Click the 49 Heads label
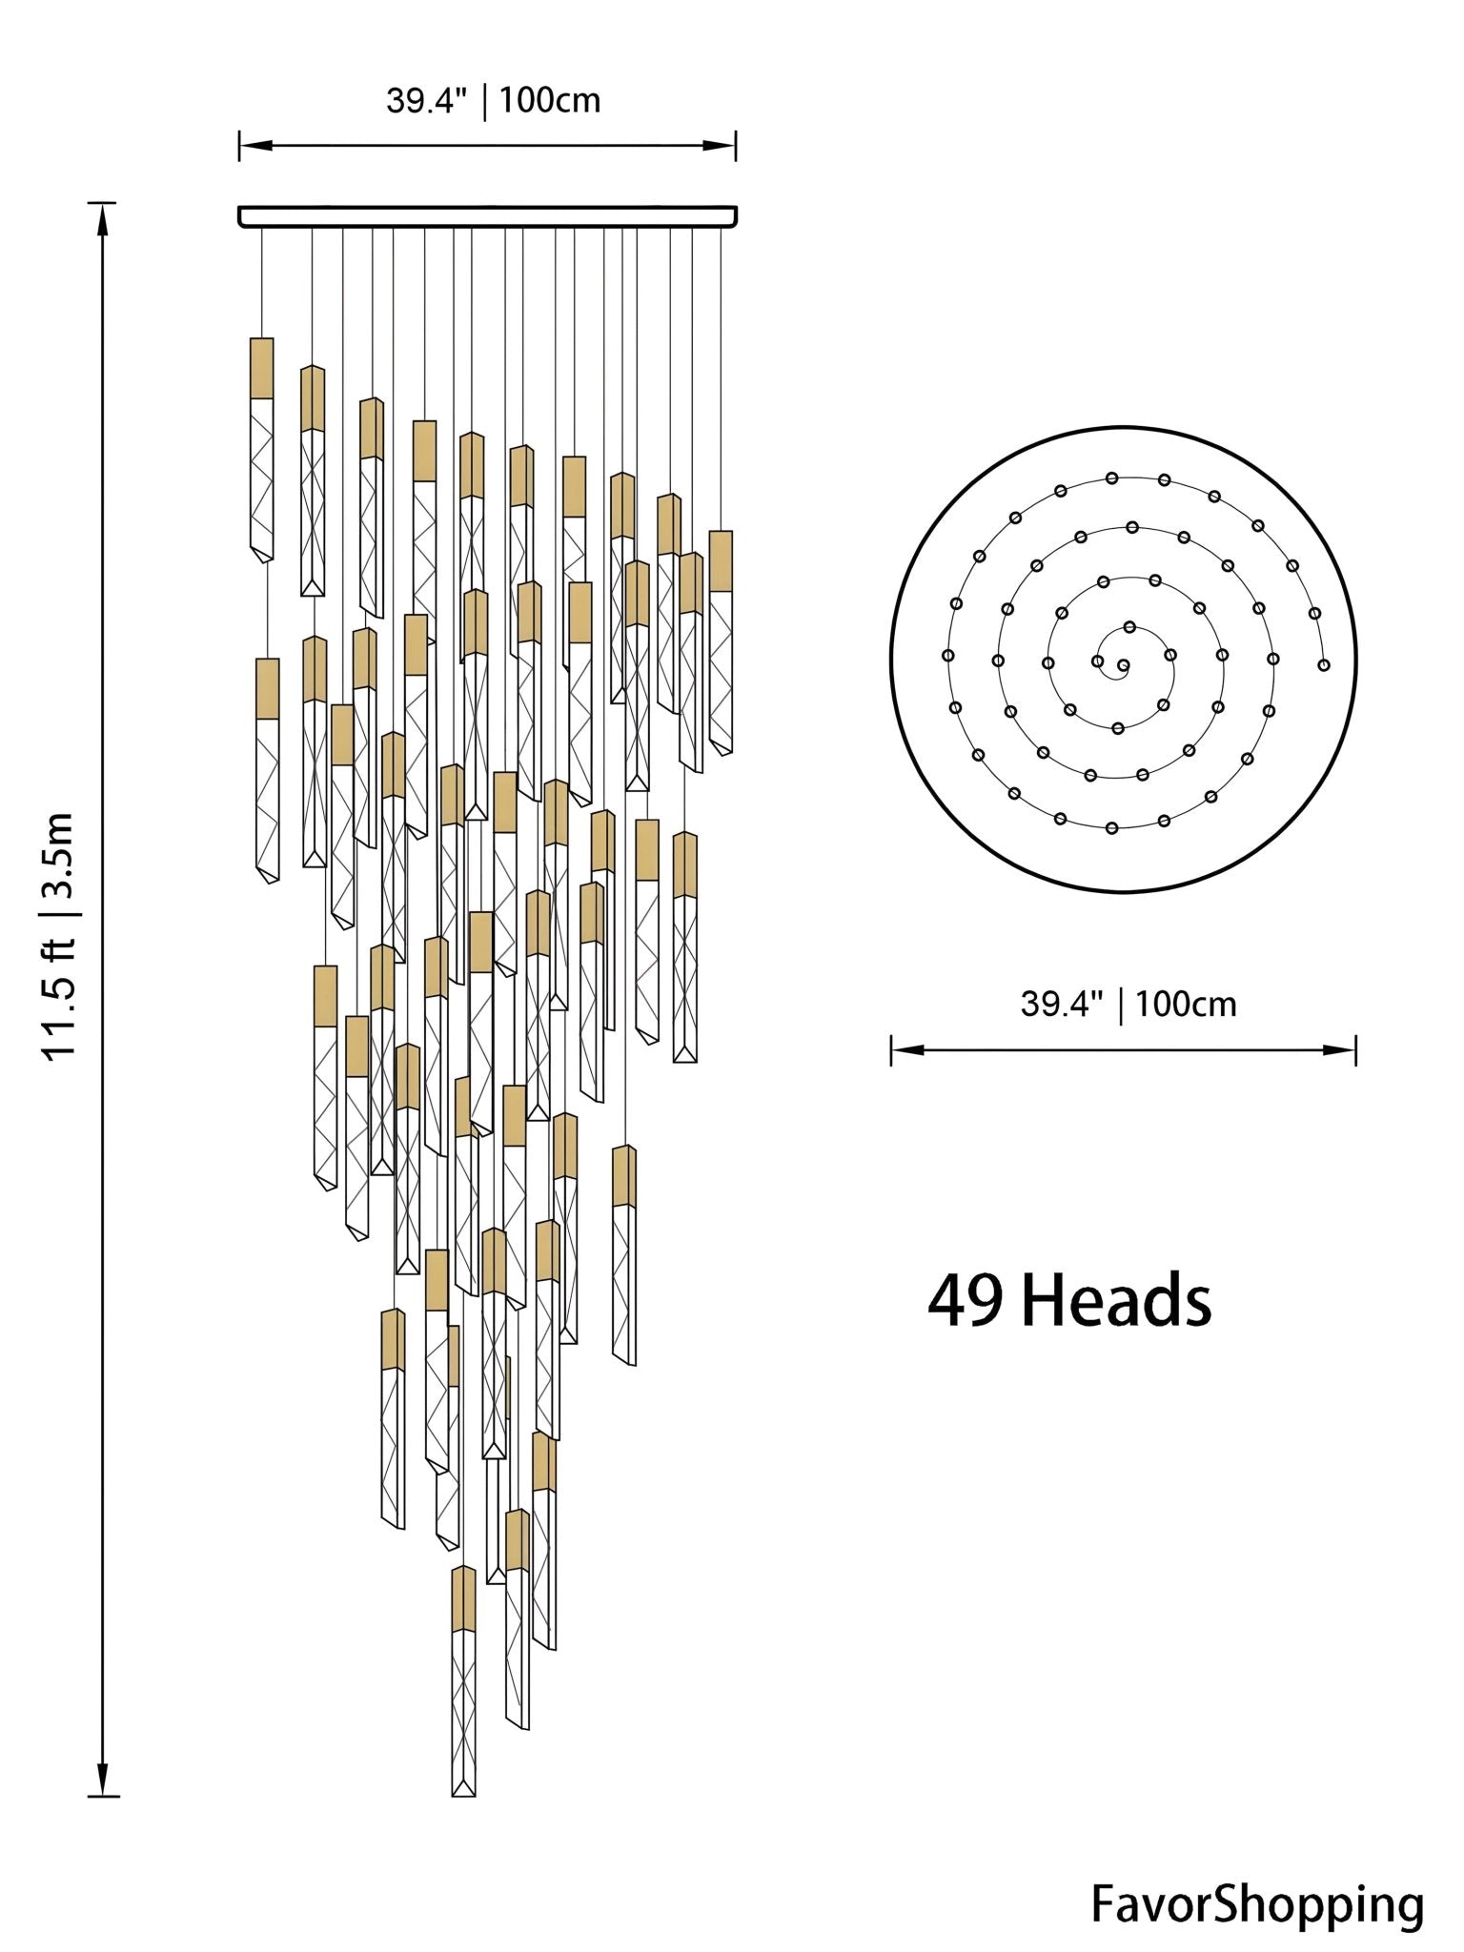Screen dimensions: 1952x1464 (1068, 1302)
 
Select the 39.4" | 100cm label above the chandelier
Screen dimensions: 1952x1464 (493, 100)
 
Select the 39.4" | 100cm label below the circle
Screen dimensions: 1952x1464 (1128, 1004)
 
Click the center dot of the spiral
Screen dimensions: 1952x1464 (1123, 665)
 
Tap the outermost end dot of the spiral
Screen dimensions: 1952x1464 (1324, 664)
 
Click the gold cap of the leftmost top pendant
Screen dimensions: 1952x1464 (261, 368)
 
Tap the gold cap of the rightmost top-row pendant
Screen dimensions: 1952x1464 (721, 560)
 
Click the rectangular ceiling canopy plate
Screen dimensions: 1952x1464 (487, 216)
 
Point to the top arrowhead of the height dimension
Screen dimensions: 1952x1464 (103, 218)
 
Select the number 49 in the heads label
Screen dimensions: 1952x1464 (964, 1302)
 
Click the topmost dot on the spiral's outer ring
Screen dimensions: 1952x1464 (1111, 478)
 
